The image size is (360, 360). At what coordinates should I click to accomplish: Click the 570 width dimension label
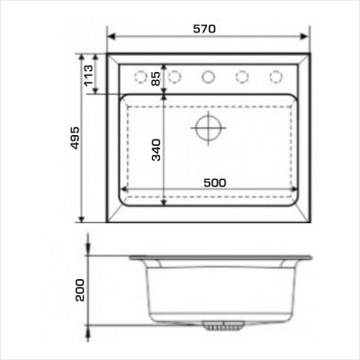coord(204,29)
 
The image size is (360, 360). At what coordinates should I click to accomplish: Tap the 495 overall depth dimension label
coord(75,138)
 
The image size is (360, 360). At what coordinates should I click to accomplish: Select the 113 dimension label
coord(89,76)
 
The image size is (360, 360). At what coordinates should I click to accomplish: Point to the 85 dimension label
coord(156,78)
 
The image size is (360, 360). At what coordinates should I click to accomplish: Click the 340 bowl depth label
coord(157,149)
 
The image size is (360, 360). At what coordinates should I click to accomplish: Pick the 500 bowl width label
coord(215,183)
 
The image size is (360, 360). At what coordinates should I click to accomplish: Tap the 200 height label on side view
coord(80,290)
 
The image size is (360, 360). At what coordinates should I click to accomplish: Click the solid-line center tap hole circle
coord(208,76)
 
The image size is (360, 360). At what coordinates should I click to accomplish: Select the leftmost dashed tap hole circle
coord(140,76)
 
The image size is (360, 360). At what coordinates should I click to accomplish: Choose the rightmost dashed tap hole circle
coord(275,76)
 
